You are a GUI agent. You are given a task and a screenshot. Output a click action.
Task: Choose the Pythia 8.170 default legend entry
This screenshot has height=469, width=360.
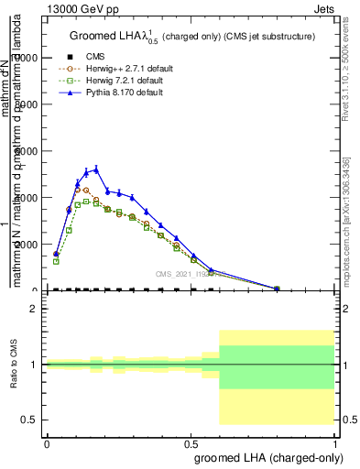point(126,92)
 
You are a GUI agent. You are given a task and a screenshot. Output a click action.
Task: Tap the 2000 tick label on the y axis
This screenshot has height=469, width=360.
point(26,245)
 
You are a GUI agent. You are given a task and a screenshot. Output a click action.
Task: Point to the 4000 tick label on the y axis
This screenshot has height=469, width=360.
point(26,198)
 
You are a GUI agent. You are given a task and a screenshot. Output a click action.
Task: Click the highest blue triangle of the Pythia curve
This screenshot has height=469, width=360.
point(96,169)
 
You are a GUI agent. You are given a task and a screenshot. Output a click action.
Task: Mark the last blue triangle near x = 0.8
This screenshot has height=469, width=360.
point(277,288)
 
